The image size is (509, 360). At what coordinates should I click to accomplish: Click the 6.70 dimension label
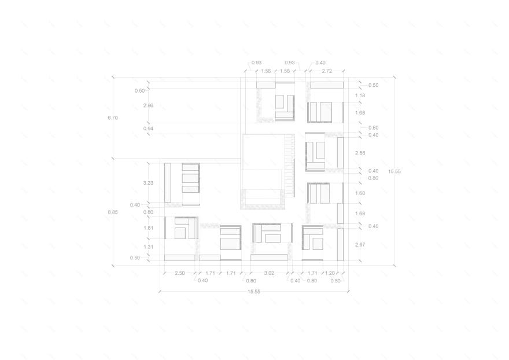click(x=113, y=118)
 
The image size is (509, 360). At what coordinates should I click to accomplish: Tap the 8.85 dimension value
click(x=113, y=212)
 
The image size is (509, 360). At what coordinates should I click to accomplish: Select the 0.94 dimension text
click(x=148, y=128)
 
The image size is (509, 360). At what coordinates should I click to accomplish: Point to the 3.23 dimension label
click(x=148, y=183)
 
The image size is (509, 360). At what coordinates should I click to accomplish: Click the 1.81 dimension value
click(x=148, y=228)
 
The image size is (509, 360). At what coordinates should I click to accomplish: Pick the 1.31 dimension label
click(x=148, y=247)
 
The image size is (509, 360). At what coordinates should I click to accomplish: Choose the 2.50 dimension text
click(x=179, y=273)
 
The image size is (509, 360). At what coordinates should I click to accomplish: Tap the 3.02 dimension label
click(x=269, y=273)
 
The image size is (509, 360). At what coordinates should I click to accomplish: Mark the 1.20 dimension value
click(x=330, y=273)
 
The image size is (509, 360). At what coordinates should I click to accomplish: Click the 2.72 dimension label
click(x=327, y=71)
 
